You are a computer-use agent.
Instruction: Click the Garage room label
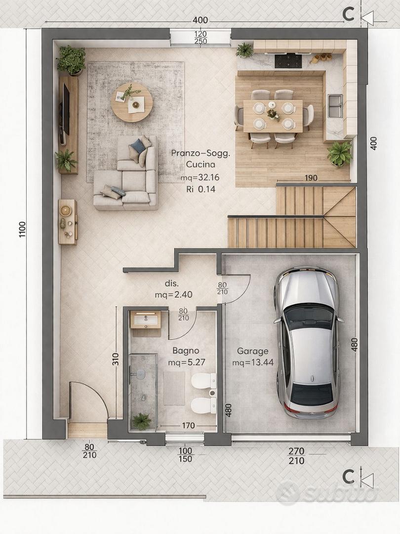(252, 351)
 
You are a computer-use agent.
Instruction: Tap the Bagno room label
(186, 351)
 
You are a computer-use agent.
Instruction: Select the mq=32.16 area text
(200, 178)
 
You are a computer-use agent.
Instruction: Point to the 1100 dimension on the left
(22, 229)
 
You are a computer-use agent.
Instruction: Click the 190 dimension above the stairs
(311, 178)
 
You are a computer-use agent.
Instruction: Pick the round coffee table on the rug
(132, 102)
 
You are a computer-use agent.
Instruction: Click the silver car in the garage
(309, 342)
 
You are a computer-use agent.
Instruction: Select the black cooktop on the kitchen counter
(288, 61)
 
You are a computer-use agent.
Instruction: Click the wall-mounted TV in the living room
(65, 109)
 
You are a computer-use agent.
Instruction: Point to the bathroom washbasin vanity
(146, 319)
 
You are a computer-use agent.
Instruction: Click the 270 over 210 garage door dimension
(296, 456)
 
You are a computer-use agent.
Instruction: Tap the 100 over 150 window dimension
(185, 455)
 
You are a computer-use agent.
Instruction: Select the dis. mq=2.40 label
(173, 289)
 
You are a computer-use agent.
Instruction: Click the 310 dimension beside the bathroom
(115, 359)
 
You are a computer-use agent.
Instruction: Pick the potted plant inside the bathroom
(142, 421)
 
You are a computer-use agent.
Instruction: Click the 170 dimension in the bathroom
(188, 425)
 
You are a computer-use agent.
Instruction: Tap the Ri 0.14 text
(200, 189)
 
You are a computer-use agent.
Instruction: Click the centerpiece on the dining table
(273, 114)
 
